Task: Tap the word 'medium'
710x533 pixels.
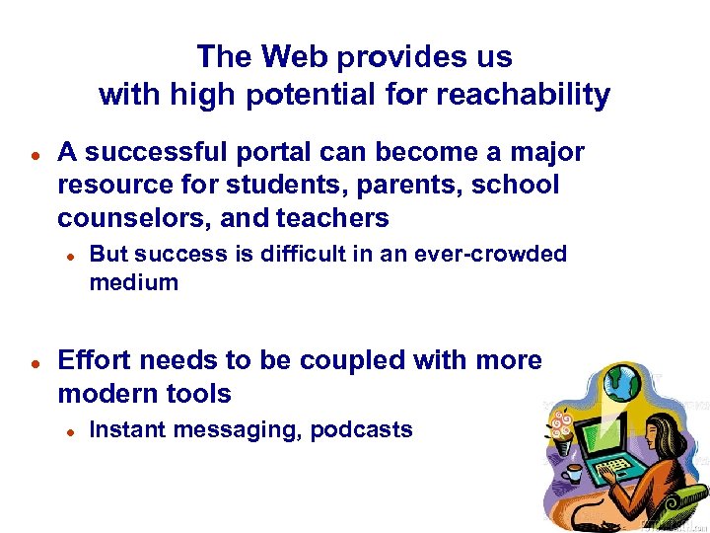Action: tap(134, 282)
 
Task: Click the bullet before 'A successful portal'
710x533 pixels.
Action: tap(34, 155)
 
